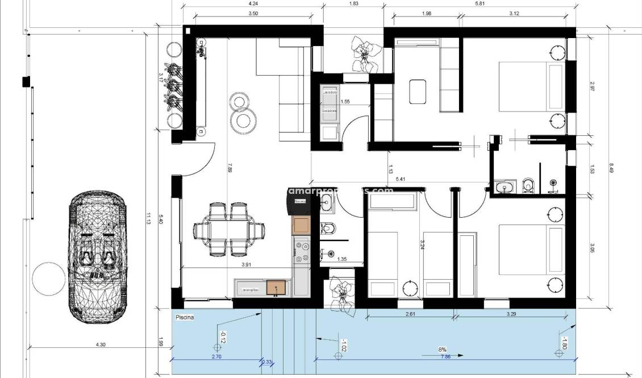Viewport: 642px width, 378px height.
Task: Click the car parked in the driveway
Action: point(96,256)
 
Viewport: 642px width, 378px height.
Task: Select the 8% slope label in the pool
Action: point(442,350)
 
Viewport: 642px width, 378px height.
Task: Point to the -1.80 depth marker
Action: point(564,343)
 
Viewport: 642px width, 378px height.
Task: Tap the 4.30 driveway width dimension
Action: point(101,344)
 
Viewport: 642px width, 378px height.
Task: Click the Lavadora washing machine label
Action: point(330,92)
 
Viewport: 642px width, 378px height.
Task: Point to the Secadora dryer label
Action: point(330,111)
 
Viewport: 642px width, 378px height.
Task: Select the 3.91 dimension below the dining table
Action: point(246,265)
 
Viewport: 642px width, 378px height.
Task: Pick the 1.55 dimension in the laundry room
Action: point(345,102)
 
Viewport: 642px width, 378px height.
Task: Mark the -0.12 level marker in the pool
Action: point(223,338)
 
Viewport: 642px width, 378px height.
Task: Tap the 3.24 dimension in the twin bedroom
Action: point(422,245)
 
